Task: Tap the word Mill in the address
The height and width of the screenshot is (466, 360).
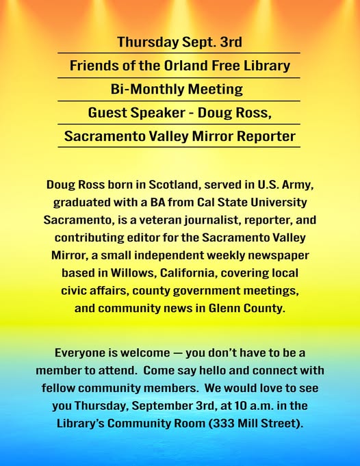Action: coord(247,424)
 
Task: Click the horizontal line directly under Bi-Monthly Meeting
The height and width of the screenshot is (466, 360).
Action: coord(179,101)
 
